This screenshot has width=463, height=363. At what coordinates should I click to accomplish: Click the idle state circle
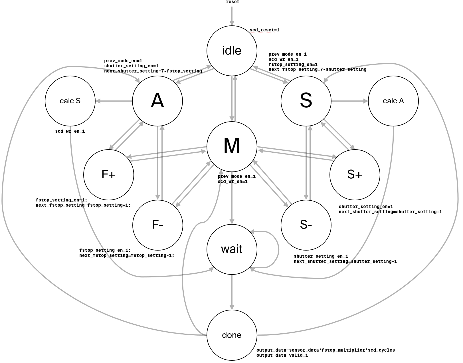[232, 51]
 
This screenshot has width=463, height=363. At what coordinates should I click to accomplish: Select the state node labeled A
[157, 101]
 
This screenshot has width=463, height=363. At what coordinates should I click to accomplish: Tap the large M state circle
[232, 147]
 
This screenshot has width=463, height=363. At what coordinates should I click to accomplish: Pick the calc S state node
[70, 101]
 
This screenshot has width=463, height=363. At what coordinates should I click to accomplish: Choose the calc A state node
[393, 101]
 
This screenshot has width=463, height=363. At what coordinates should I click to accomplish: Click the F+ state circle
[109, 175]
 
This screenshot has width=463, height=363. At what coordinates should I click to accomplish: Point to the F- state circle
[158, 225]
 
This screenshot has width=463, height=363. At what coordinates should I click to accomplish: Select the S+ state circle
[355, 175]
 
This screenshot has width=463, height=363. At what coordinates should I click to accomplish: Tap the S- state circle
[306, 225]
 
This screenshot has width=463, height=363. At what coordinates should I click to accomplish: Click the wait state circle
[232, 249]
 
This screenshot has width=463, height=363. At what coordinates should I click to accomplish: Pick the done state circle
[232, 335]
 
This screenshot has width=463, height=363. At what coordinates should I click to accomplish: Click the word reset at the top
[232, 2]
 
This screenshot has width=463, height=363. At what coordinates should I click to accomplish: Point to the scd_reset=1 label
[264, 30]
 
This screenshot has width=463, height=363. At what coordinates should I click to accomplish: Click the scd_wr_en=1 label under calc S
[70, 131]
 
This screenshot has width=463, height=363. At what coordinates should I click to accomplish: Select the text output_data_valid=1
[282, 355]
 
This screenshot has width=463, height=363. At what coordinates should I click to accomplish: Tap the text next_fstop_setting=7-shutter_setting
[318, 69]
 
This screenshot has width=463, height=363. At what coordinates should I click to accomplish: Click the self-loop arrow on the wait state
[278, 249]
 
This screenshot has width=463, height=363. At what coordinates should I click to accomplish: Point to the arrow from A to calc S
[114, 101]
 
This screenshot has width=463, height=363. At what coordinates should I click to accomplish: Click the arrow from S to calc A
[350, 101]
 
